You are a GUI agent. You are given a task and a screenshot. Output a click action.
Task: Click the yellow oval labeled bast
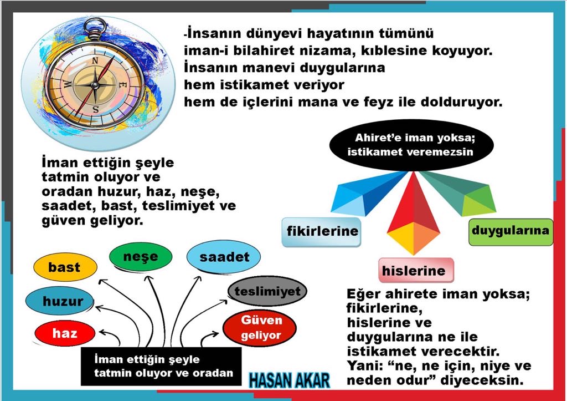coord(65,267)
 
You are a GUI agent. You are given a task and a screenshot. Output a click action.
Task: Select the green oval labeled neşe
coord(141,256)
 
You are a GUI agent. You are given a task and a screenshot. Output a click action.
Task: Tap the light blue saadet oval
coord(224,257)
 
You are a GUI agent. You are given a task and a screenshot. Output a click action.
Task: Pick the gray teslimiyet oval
coord(267,291)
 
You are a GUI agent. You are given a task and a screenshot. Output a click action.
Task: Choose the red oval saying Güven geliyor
coord(260,328)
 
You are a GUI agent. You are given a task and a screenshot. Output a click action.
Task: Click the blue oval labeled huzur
coord(60,301)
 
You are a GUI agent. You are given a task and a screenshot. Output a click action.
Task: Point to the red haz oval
coord(65,333)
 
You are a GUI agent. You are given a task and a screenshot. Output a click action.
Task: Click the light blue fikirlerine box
coord(322,232)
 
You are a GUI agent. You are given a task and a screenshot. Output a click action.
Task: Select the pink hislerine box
coord(416,270)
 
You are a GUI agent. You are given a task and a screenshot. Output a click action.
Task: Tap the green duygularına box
coord(511,232)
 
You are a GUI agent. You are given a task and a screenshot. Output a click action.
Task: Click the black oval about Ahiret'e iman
coord(411,145)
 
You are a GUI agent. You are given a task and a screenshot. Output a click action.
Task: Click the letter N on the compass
coord(95,61)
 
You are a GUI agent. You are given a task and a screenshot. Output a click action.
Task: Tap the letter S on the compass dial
coord(95,109)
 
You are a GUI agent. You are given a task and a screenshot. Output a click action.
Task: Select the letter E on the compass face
coord(122,85)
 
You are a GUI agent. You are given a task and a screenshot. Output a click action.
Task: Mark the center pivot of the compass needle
coord(95,85)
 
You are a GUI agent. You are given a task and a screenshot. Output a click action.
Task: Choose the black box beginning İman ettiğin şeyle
coord(161,367)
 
